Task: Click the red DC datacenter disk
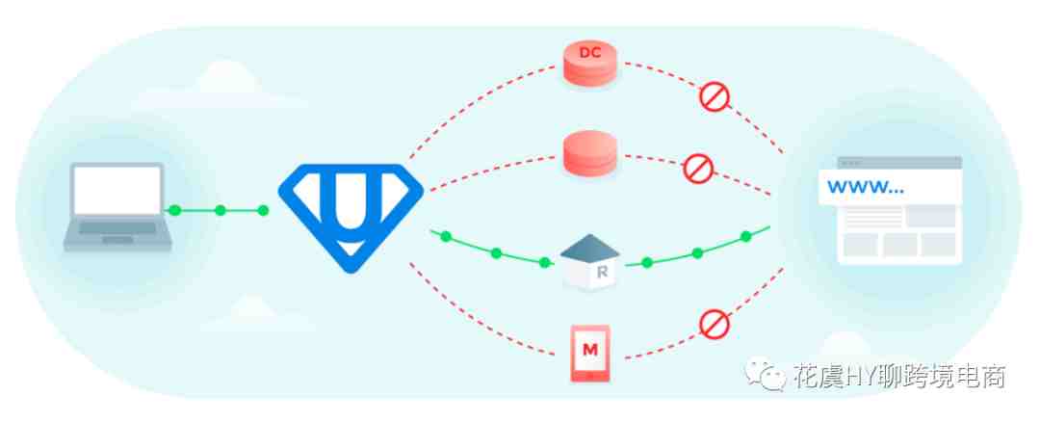tap(589, 63)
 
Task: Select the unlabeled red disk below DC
tap(589, 152)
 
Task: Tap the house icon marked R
tap(589, 261)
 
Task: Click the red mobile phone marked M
tap(589, 353)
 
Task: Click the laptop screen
tap(117, 191)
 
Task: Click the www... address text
tap(866, 187)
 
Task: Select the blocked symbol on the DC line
tap(715, 96)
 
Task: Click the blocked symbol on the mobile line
tap(715, 324)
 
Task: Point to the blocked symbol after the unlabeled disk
tap(698, 169)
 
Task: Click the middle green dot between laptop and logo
tap(221, 210)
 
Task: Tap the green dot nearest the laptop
tap(174, 210)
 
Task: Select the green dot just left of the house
tap(544, 262)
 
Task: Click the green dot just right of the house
tap(647, 263)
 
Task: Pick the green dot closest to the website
tap(745, 236)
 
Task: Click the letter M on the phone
tap(589, 350)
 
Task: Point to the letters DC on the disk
tap(589, 53)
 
